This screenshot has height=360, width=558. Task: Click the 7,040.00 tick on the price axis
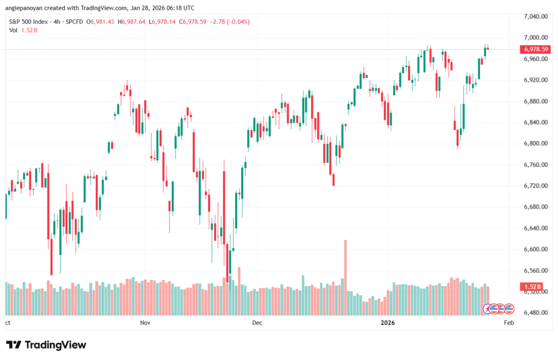[535, 16]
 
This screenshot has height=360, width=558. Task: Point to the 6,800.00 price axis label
[535, 144]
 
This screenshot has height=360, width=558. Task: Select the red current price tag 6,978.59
[536, 49]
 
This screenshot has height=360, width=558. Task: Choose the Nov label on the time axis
[145, 323]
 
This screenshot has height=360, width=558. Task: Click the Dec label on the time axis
[258, 323]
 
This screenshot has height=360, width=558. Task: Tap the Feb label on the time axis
[508, 323]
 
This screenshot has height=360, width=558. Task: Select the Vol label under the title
[14, 30]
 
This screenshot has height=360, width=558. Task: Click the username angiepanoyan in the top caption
[26, 8]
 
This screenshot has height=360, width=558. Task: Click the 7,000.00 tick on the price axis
[535, 38]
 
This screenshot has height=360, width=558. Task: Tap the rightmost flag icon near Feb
[509, 309]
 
